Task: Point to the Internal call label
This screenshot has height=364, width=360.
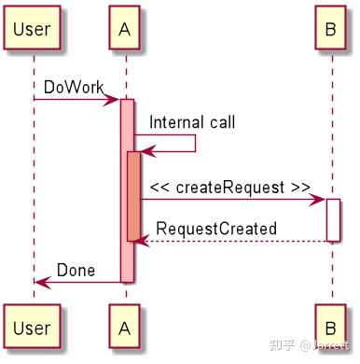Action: [192, 122]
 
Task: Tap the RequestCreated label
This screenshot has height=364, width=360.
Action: [215, 228]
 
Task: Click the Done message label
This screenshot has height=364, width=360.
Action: [76, 270]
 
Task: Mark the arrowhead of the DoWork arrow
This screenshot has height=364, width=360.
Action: [115, 99]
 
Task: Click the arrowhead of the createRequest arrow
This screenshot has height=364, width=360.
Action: [320, 199]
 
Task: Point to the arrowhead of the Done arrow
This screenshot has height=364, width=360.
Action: [40, 281]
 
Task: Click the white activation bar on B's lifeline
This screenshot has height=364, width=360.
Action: [333, 219]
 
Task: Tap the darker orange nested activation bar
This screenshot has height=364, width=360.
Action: [133, 196]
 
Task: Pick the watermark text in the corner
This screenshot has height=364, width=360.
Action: [312, 346]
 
